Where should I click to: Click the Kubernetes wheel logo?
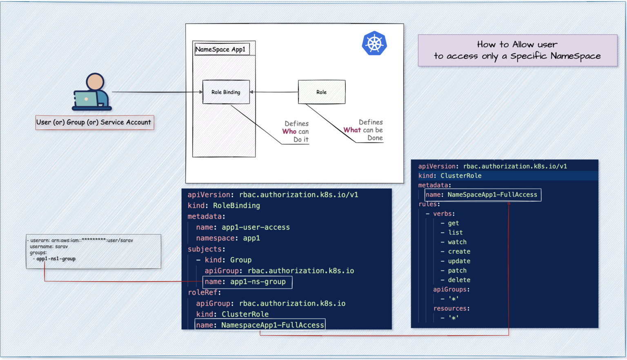click(374, 43)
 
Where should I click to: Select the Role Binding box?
click(226, 92)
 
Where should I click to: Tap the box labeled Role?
click(322, 92)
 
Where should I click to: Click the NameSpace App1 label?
click(221, 49)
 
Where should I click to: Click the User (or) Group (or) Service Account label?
click(94, 122)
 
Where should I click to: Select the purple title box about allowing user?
click(517, 50)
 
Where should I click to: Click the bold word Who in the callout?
click(289, 131)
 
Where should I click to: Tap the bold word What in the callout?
click(352, 130)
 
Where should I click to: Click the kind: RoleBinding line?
click(224, 206)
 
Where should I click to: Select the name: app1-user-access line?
click(242, 227)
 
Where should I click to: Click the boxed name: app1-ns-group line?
click(247, 282)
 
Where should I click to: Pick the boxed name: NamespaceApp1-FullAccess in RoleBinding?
click(260, 325)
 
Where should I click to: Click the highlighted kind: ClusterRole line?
click(450, 176)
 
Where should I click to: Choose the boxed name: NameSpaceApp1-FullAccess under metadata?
click(482, 195)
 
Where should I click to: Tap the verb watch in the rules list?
click(457, 242)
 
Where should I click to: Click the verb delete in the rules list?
click(459, 280)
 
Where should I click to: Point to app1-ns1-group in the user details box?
click(56, 259)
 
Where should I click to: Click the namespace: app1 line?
click(228, 238)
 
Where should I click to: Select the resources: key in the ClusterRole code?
click(451, 309)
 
